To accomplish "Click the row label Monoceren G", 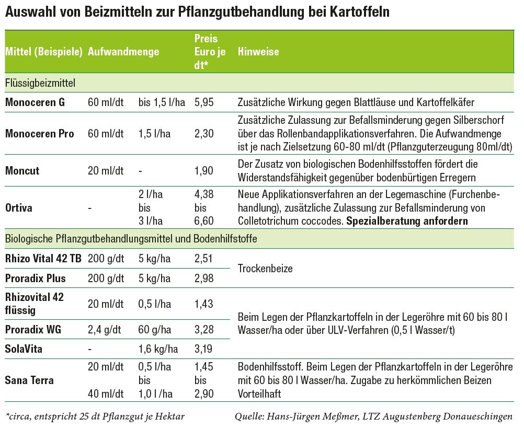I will tap(35, 102).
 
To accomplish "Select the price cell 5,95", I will tap(204, 102).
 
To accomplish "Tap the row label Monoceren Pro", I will tap(40, 134).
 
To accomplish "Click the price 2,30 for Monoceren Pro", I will tap(204, 134).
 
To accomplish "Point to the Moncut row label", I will tap(22, 171).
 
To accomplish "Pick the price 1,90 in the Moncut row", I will tap(204, 171).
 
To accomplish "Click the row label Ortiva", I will tap(19, 208).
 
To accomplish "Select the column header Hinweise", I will tap(258, 52).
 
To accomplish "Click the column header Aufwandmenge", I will tap(123, 52).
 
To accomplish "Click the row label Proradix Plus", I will tap(36, 279).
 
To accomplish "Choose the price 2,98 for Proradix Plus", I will tap(204, 279).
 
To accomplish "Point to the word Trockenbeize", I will tap(265, 269).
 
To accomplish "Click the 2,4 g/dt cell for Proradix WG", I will tap(105, 330).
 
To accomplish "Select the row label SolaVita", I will tap(24, 349).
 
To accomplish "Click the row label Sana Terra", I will tap(29, 380).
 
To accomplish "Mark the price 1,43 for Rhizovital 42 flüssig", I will tap(204, 304).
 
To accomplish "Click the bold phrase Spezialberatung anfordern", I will tap(407, 221).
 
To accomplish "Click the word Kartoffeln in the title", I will tap(360, 11).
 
